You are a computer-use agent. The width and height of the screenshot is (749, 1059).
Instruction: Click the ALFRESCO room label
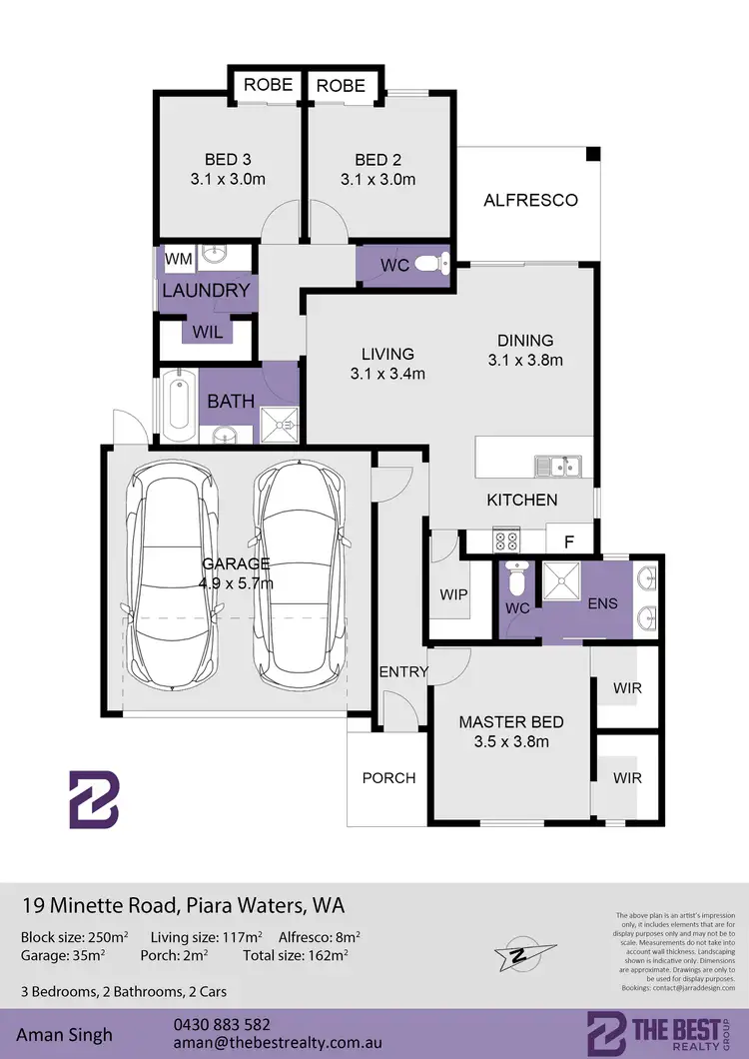coord(530,200)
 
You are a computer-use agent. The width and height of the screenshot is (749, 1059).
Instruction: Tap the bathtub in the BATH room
coord(179,406)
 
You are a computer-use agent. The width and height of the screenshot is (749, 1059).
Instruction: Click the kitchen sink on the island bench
coord(556,467)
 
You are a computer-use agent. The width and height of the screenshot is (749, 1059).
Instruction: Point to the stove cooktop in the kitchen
coord(506,540)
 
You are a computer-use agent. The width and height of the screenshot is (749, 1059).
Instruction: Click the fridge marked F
coord(569,540)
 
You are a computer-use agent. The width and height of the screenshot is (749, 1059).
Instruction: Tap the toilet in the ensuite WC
coord(515,578)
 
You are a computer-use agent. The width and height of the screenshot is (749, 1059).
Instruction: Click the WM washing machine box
coord(178,260)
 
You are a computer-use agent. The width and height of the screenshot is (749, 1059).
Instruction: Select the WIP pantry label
coord(453,593)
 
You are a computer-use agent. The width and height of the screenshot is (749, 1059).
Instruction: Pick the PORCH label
coord(388,777)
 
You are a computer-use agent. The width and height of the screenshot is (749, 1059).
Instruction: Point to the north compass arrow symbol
coord(519,954)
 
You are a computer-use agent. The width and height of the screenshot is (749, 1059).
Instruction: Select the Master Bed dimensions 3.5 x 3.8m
coord(511,741)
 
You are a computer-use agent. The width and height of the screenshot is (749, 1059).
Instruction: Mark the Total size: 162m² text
coord(296,956)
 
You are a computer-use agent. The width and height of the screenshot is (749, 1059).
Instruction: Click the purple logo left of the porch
coord(93,799)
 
